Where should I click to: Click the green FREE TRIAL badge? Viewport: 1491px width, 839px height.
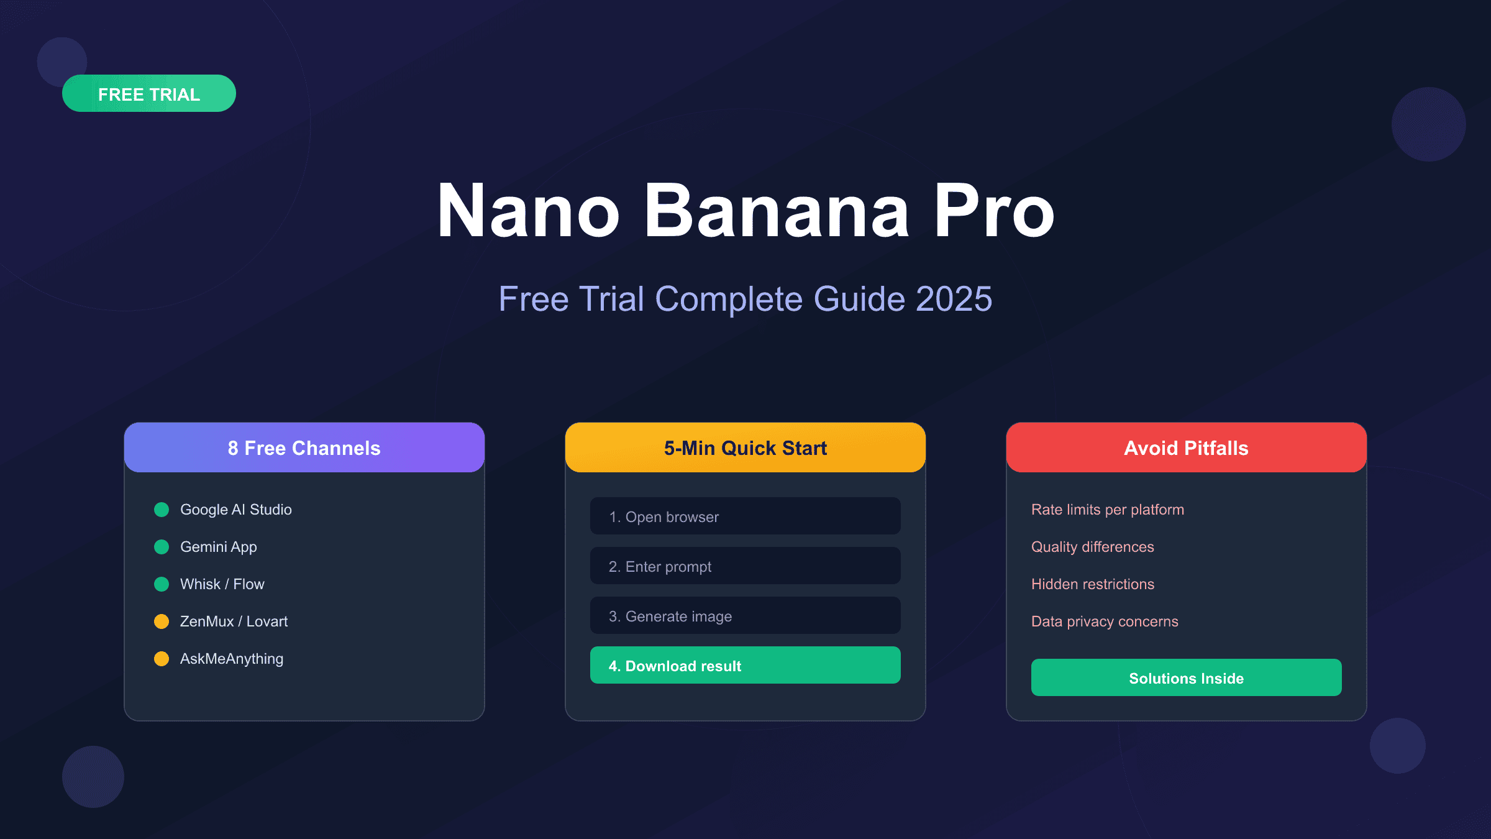[x=149, y=93]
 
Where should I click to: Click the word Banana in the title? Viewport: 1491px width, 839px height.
[x=777, y=211]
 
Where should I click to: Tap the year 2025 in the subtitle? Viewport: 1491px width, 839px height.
[x=954, y=299]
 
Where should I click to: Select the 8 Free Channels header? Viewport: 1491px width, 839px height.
[x=304, y=447]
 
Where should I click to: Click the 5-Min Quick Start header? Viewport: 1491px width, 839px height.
[x=745, y=447]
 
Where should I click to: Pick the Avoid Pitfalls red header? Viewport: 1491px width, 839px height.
[x=1187, y=447]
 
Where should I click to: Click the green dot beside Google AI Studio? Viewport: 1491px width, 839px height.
[x=162, y=510]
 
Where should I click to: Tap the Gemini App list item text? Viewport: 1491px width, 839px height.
[x=219, y=547]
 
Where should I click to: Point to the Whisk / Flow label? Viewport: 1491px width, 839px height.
[x=222, y=584]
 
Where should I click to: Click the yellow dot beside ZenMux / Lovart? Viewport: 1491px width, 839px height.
[x=162, y=621]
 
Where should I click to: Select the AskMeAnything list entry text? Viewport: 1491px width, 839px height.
[x=232, y=659]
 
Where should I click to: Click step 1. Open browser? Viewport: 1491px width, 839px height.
[x=745, y=516]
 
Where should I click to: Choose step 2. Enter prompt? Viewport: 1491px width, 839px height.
[x=745, y=566]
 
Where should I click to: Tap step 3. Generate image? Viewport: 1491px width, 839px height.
[x=745, y=615]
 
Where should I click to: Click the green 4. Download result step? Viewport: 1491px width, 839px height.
[x=745, y=665]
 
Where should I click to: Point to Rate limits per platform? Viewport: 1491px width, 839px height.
[x=1108, y=510]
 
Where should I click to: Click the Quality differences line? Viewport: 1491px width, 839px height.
[x=1093, y=547]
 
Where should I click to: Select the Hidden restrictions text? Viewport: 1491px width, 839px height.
[x=1093, y=584]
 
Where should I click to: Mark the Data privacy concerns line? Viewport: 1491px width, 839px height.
[x=1105, y=621]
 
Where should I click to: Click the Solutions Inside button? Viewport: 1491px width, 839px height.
[x=1187, y=677]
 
